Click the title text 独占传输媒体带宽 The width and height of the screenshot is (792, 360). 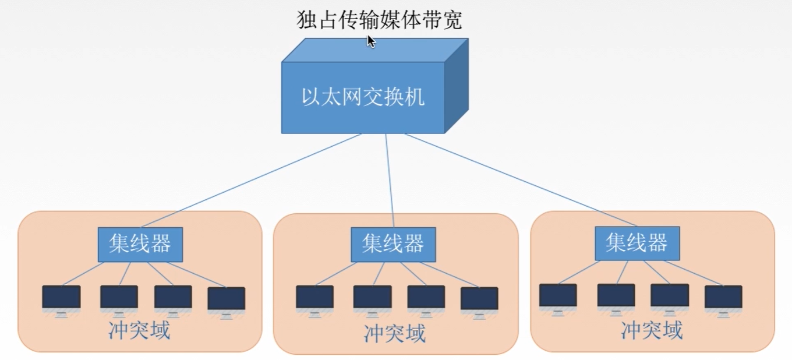pos(379,20)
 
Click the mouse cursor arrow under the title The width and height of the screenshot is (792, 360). pos(370,41)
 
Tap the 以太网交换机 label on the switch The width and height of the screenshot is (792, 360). pos(363,97)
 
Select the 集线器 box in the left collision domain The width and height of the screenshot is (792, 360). pos(140,244)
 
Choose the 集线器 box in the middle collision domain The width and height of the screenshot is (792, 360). pos(393,244)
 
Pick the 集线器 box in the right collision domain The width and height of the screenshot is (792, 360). pos(637,242)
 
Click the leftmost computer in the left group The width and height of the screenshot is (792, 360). pos(61,298)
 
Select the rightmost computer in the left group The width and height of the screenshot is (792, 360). pos(227,299)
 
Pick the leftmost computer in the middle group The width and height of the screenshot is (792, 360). pos(314,298)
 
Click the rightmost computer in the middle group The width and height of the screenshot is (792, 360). pos(479,299)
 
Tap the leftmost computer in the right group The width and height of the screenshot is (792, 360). pos(558,296)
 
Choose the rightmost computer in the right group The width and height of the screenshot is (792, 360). pos(723,298)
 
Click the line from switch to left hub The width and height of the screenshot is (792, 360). pos(250,181)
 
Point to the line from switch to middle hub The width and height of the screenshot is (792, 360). pos(390,181)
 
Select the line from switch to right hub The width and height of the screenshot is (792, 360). pos(521,181)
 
